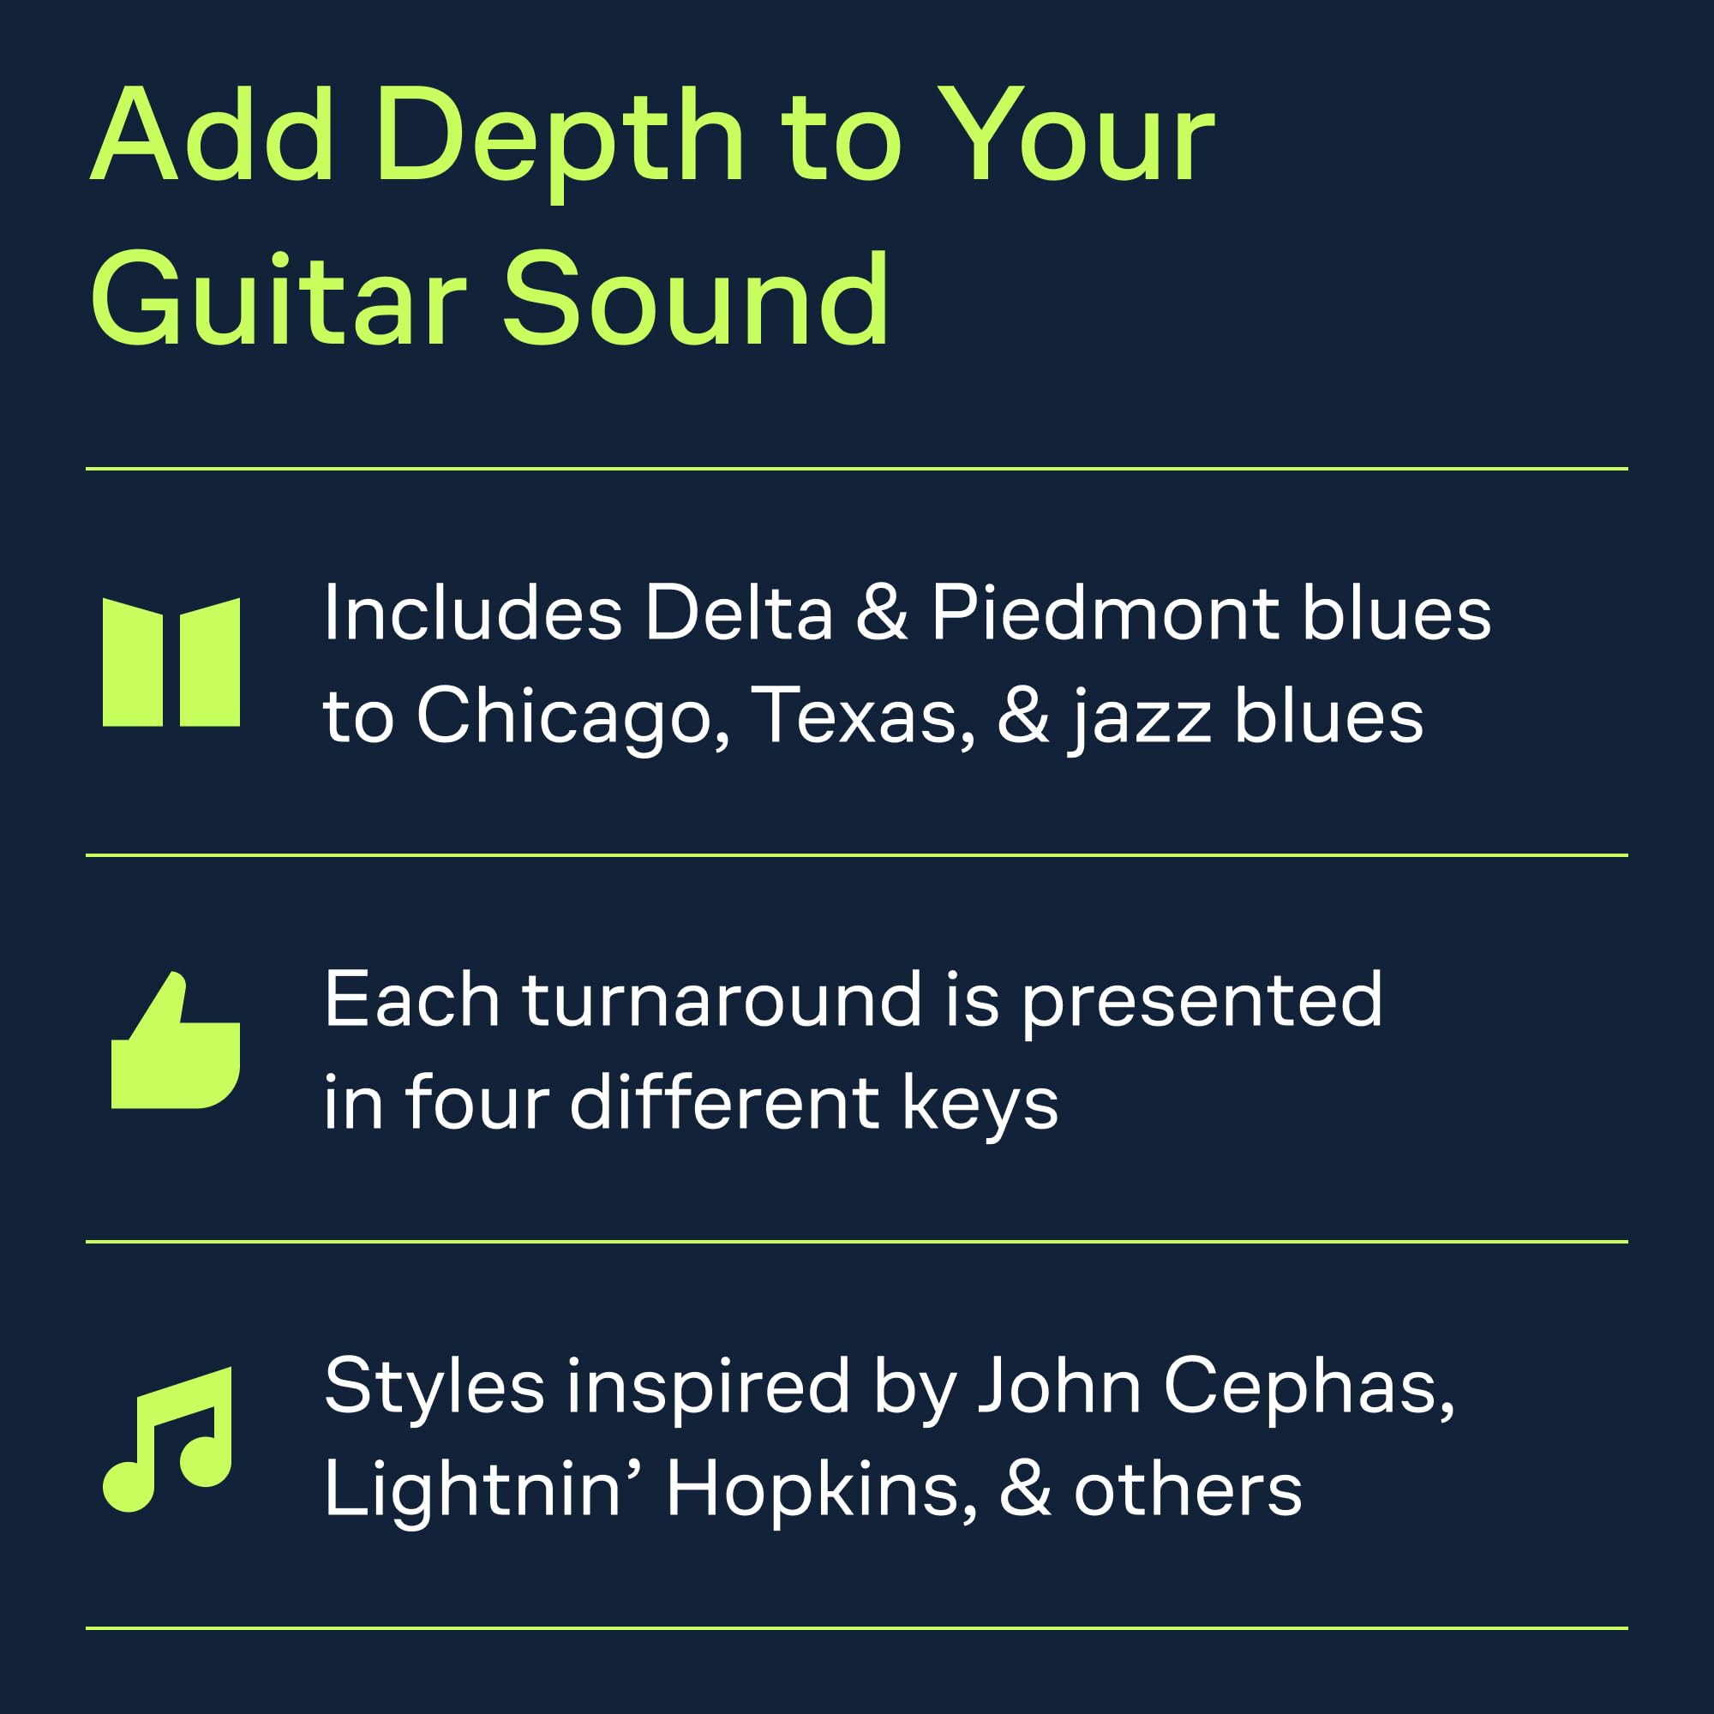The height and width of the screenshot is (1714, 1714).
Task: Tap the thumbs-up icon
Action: pos(176,1040)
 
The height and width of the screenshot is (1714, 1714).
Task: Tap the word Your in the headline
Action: pos(1076,135)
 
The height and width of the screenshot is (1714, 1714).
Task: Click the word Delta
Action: pos(739,613)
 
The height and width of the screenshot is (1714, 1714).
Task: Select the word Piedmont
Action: pos(1106,613)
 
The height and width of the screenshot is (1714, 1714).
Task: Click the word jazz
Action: pos(1140,720)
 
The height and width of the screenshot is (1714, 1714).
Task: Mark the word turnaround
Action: pos(722,1001)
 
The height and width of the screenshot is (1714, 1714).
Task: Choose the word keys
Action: pos(980,1106)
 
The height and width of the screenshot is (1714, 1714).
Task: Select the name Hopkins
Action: pos(822,1491)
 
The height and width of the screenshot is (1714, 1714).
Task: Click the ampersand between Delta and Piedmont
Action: pos(882,613)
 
